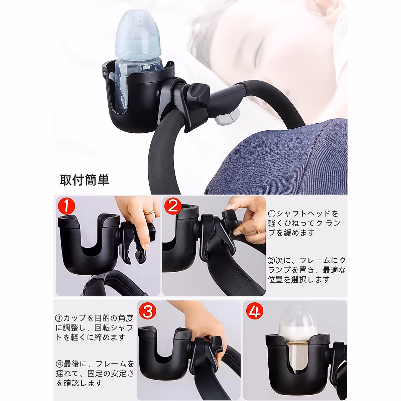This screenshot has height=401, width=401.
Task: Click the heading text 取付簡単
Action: click(x=85, y=180)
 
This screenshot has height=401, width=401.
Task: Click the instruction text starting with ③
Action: click(x=95, y=327)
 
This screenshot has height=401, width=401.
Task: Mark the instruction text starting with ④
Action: click(x=95, y=373)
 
